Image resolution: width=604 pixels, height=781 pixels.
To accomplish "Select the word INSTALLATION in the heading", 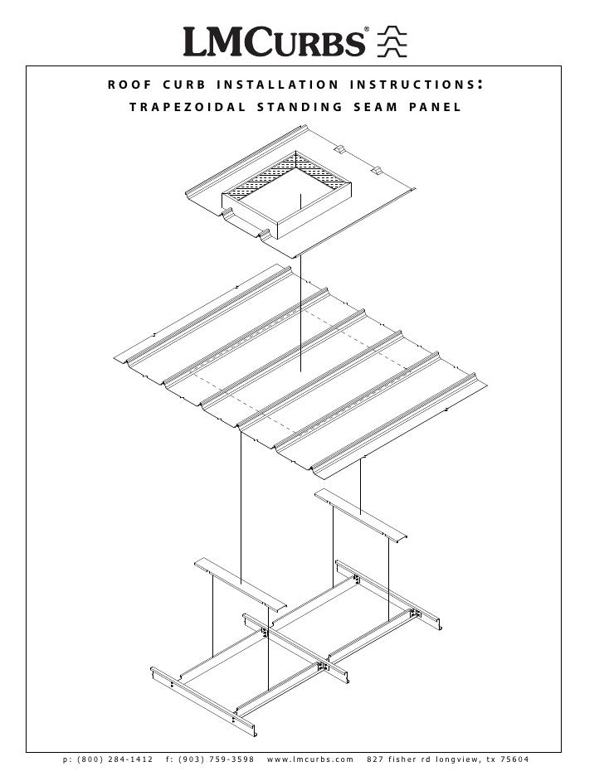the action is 277,85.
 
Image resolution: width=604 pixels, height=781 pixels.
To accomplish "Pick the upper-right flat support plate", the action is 360,513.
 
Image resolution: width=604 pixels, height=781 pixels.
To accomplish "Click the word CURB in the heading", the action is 178,85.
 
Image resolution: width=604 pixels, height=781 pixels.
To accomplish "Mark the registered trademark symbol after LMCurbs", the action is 368,31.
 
